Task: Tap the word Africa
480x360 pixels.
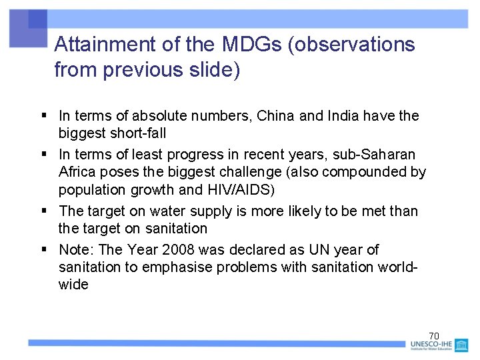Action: (x=77, y=172)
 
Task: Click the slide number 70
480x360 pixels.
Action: (x=433, y=335)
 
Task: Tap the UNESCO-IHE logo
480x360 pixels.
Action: (x=439, y=346)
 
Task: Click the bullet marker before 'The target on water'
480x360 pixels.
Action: (x=42, y=211)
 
